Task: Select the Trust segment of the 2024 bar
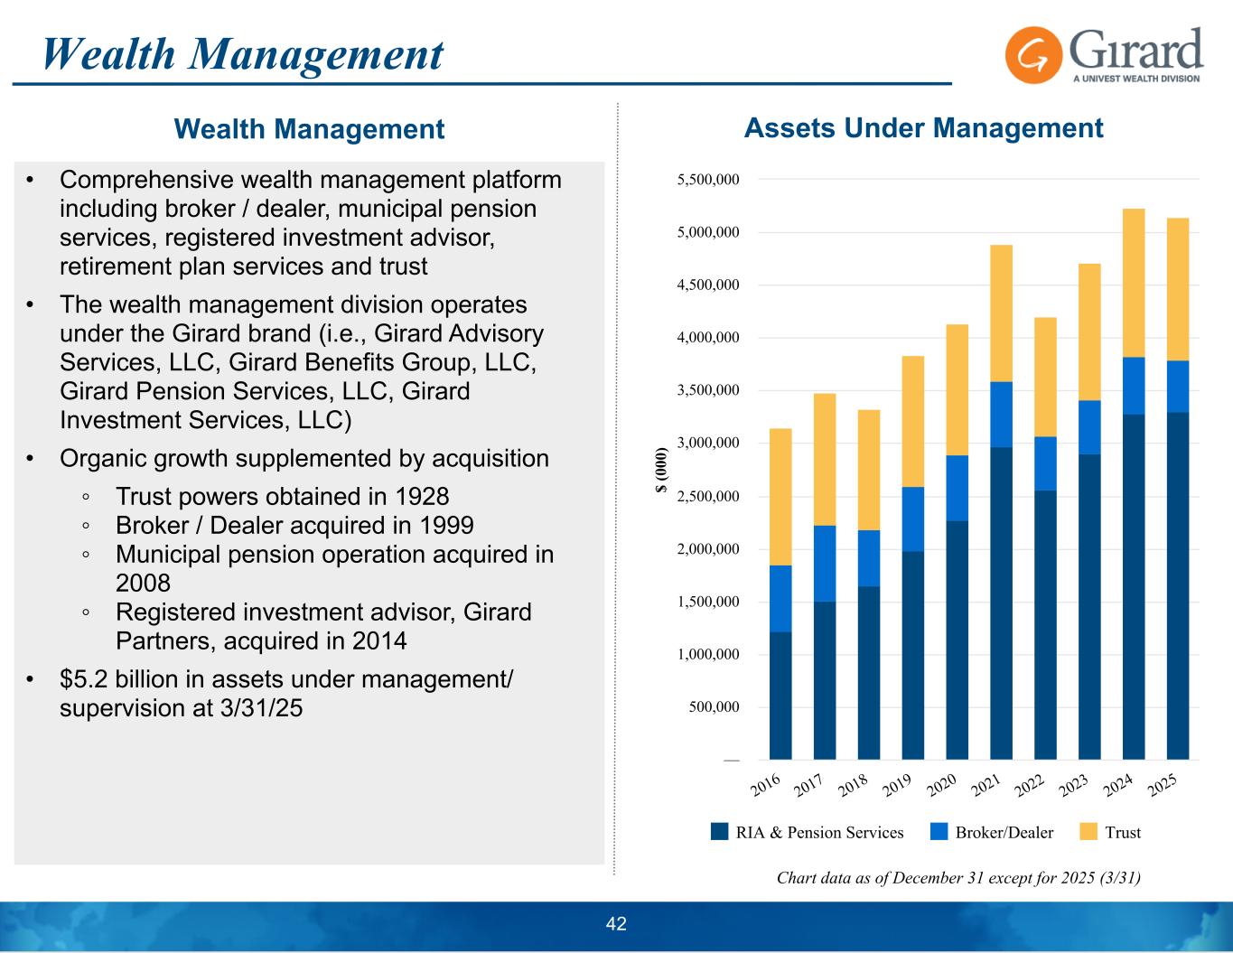pos(1134,283)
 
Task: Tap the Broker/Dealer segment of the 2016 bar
pos(780,598)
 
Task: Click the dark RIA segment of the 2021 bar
pos(1001,603)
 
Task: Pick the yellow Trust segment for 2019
pos(912,421)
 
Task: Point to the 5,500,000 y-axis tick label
pos(708,180)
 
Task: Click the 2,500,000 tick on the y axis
pos(708,497)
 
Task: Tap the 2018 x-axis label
pos(855,787)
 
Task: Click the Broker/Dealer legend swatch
pos(939,832)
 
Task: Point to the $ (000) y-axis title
pos(661,470)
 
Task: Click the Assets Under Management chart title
pos(923,128)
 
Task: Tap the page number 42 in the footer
pos(616,923)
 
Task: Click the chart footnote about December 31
pos(958,877)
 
